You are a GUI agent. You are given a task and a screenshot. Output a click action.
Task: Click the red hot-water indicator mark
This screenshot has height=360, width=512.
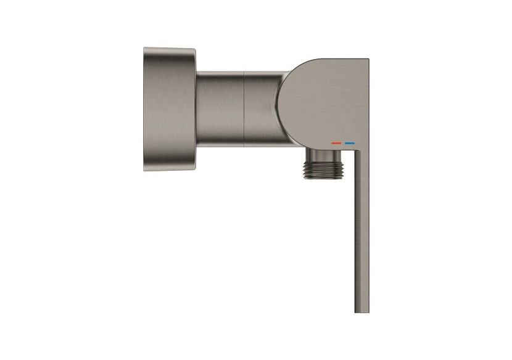[336, 143]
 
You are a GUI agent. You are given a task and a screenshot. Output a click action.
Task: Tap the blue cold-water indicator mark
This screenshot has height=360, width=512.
[350, 143]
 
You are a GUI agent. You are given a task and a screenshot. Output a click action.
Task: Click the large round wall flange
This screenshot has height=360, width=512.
[170, 109]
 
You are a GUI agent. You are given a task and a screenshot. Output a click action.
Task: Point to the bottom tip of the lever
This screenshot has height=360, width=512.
[361, 311]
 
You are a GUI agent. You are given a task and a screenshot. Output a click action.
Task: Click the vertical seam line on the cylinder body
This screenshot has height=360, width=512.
[245, 109]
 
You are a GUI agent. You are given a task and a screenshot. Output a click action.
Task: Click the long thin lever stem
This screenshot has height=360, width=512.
[361, 234]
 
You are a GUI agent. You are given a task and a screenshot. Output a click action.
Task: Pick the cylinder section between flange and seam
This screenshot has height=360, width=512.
[220, 109]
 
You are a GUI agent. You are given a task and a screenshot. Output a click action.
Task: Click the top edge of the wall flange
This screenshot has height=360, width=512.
[170, 49]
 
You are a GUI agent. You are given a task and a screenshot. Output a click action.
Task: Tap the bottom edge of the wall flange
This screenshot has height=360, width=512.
[170, 170]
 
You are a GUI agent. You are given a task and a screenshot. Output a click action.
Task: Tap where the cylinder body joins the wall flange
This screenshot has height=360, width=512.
[197, 109]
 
